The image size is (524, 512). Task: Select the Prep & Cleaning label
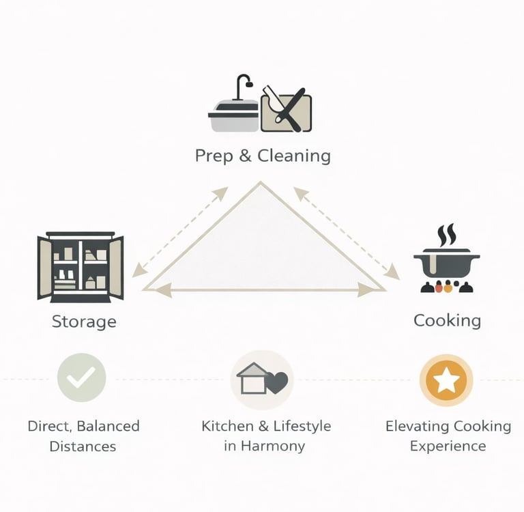click(263, 156)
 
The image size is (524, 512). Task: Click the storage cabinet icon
click(81, 267)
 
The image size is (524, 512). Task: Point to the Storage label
click(84, 322)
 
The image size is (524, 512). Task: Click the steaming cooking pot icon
click(447, 263)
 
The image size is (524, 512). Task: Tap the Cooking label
click(447, 320)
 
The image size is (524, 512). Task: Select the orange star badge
click(446, 380)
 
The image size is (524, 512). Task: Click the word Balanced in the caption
click(108, 427)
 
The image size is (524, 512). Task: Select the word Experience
click(448, 446)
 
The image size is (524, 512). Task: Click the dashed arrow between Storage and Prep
click(180, 232)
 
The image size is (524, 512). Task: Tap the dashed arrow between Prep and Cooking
click(347, 233)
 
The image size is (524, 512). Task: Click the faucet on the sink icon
click(242, 86)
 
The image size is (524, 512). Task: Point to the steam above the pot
click(447, 236)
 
